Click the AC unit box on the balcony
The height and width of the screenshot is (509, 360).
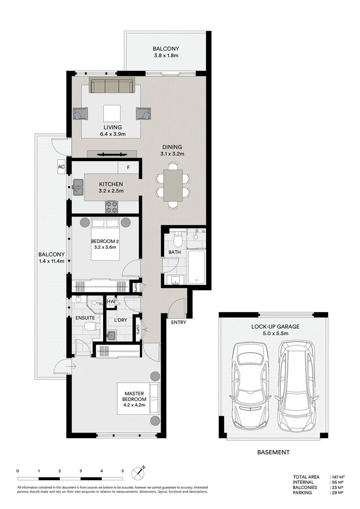(61, 167)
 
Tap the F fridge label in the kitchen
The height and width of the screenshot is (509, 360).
(128, 167)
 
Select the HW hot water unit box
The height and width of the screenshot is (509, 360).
(111, 301)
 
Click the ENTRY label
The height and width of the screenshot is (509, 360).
(179, 323)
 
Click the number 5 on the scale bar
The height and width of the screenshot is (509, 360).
(123, 471)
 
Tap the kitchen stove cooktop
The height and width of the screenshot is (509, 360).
(112, 206)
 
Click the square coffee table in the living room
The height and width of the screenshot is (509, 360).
(112, 114)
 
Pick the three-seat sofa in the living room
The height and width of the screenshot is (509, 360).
(112, 86)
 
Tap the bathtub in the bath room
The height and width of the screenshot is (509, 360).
(196, 266)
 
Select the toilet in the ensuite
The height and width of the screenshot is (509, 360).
(93, 333)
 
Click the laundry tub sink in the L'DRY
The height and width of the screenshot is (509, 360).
(111, 336)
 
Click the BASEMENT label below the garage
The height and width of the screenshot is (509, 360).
(273, 452)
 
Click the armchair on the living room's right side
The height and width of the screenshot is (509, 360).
(143, 114)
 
